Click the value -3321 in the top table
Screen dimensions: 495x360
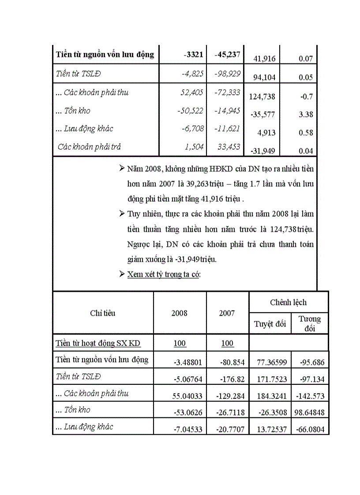point(193,55)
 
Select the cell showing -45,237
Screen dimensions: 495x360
point(227,55)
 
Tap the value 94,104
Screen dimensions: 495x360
point(264,78)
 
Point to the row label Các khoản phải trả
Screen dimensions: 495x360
point(90,147)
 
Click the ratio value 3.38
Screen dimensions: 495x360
point(306,115)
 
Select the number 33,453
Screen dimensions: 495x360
point(228,147)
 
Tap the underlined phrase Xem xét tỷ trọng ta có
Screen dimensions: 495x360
point(164,274)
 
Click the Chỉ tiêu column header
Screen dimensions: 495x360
point(103,313)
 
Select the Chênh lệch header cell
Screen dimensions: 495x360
point(288,302)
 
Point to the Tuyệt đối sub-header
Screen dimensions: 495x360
point(270,324)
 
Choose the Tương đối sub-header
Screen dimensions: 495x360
point(310,324)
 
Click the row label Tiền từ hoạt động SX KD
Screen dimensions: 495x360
point(98,343)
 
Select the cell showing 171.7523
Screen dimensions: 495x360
point(271,379)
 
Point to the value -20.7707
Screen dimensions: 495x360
point(232,429)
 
